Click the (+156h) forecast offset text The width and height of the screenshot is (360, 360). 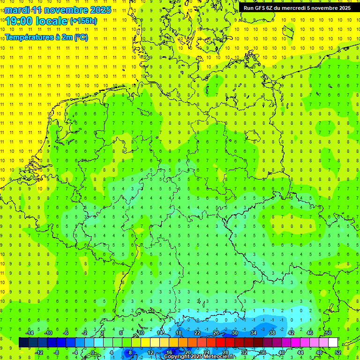click(x=83, y=21)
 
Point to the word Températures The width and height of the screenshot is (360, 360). click(x=31, y=37)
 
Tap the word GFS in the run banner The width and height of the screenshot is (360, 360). click(x=266, y=8)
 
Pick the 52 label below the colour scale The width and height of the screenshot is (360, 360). click(x=337, y=352)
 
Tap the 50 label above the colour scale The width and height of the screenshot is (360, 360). click(x=328, y=333)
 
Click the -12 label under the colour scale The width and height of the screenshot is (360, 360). click(x=39, y=352)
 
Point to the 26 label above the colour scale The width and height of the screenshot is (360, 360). click(x=216, y=333)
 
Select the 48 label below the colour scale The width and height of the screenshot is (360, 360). click(x=319, y=352)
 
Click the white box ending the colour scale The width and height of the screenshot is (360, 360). click(x=333, y=342)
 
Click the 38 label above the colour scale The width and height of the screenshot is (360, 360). click(x=272, y=333)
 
